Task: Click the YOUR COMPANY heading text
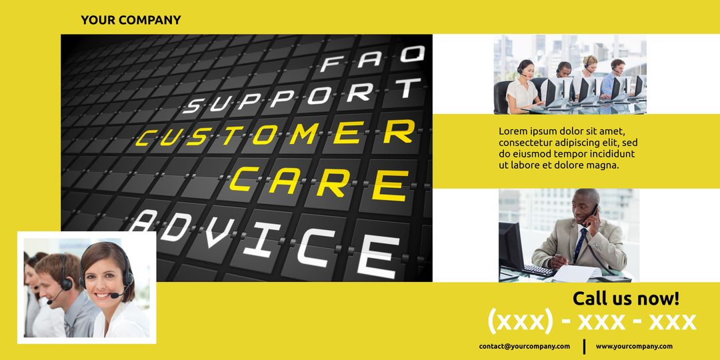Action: [x=131, y=20]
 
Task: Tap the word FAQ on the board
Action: [x=372, y=59]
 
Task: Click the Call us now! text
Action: [x=625, y=298]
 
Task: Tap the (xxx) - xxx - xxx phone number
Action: [x=591, y=321]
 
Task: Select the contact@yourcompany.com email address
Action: [x=524, y=346]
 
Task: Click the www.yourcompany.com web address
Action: [x=634, y=346]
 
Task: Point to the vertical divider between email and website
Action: [x=585, y=346]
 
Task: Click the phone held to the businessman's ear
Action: [x=593, y=212]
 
